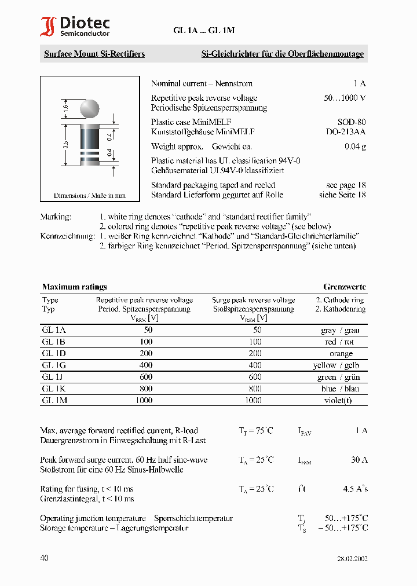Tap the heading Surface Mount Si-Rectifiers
pos(94,54)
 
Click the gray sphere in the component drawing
pos(89,109)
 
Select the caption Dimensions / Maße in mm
pos(89,196)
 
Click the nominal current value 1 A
pos(360,83)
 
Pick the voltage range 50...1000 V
pos(345,98)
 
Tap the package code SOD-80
pos(352,122)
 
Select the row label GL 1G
pos(54,365)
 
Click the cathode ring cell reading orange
pos(341,353)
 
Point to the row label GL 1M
pos(54,400)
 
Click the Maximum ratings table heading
pos(74,287)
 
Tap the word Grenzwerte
pos(344,287)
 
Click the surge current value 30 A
pos(359,460)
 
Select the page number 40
pos(45,558)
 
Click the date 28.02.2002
pos(352,559)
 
